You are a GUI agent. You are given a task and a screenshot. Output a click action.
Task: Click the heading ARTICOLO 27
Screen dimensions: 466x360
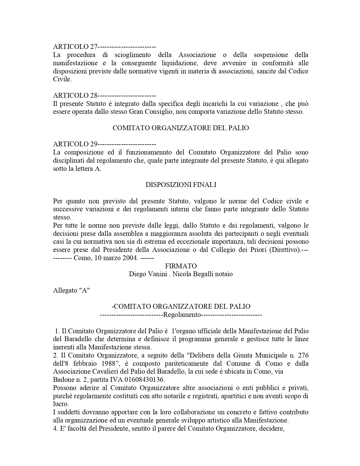[75, 47]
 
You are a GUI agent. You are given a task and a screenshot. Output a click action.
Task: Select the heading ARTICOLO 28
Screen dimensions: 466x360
[75, 95]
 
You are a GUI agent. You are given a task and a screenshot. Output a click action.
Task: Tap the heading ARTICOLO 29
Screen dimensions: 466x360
[75, 144]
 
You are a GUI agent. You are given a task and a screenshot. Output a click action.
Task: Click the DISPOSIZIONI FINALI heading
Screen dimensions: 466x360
[181, 185]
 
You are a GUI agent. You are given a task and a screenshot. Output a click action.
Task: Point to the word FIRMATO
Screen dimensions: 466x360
[181, 266]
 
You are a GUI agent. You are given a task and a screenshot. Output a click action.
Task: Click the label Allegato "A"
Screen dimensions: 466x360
[71, 290]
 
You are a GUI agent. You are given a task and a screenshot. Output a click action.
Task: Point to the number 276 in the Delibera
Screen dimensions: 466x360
[303, 355]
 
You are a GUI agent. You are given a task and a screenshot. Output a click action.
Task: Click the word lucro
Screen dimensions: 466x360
[61, 404]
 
